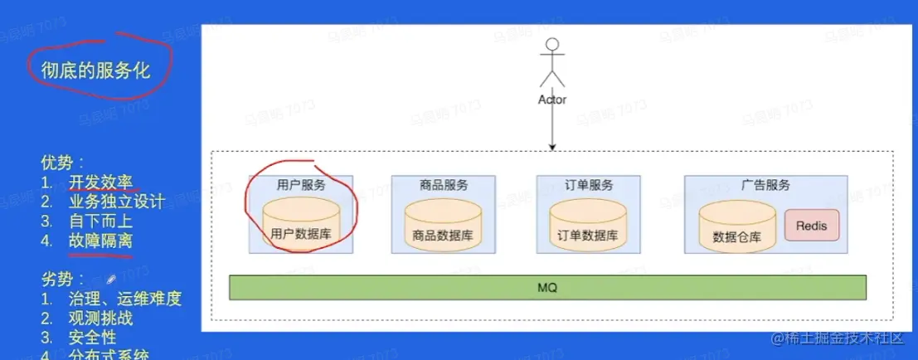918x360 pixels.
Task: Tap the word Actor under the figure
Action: (x=551, y=100)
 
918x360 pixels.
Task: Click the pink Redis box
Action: (x=811, y=225)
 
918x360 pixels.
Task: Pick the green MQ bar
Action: (x=547, y=287)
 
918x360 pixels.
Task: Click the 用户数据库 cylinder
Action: (x=300, y=224)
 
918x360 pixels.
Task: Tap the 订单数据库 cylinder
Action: (x=588, y=225)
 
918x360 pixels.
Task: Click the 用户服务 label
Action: (x=300, y=184)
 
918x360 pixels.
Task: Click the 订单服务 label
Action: (x=588, y=184)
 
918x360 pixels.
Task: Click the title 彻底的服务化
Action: (x=96, y=71)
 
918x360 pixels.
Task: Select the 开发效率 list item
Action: (x=100, y=182)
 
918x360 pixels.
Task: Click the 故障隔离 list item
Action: (x=100, y=241)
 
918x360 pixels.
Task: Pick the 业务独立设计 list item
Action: (x=116, y=202)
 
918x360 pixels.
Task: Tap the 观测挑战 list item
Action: (x=100, y=318)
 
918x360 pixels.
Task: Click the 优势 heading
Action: (x=61, y=163)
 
